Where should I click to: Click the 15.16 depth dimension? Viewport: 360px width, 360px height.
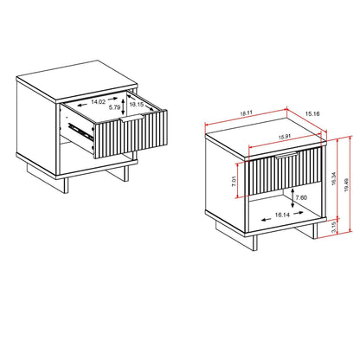coord(313,112)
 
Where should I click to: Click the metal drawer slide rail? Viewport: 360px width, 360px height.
coord(81,132)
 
